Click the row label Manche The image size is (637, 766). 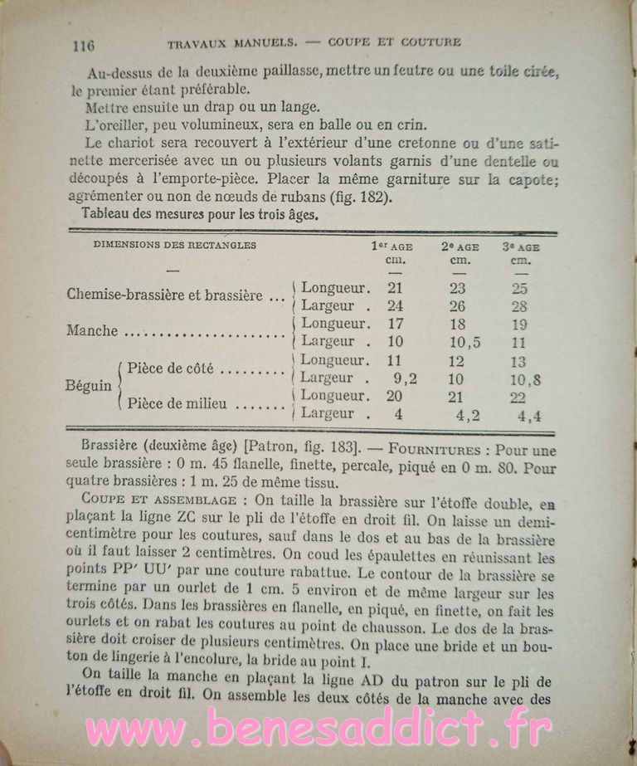[x=92, y=331]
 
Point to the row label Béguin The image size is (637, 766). [x=90, y=386]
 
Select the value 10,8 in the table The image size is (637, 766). [x=527, y=379]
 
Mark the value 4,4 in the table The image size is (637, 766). [x=529, y=417]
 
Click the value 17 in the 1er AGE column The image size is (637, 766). [x=395, y=323]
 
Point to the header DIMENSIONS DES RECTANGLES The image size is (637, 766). [x=175, y=246]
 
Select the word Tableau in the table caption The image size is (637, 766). [x=107, y=214]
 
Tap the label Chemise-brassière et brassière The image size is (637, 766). [x=170, y=295]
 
